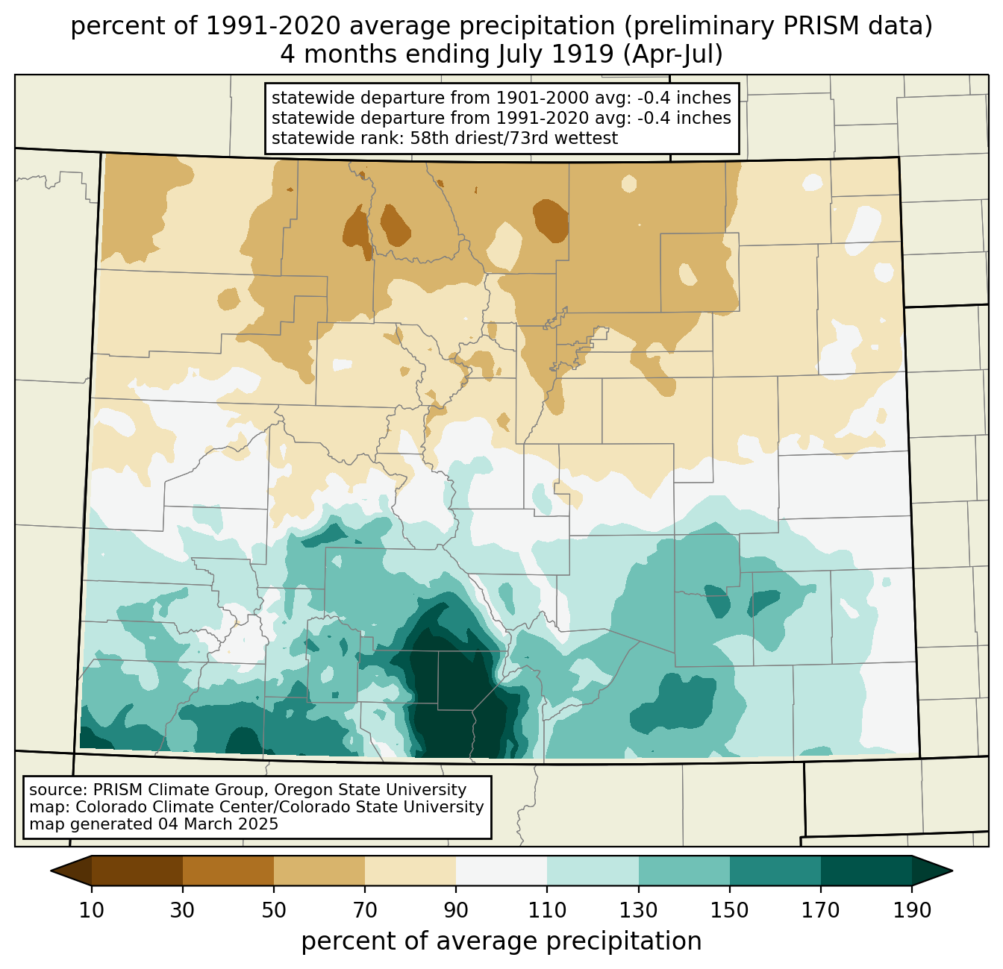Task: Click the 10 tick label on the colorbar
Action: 91,910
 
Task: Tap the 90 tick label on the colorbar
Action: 456,910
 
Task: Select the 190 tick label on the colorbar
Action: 912,910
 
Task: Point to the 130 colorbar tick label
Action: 638,910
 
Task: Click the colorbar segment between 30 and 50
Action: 228,871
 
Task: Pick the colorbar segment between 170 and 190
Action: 866,871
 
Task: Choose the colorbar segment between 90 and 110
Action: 501,871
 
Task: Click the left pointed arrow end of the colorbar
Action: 71,871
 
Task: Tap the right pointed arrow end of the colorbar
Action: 932,871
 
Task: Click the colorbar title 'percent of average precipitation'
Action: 501,941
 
